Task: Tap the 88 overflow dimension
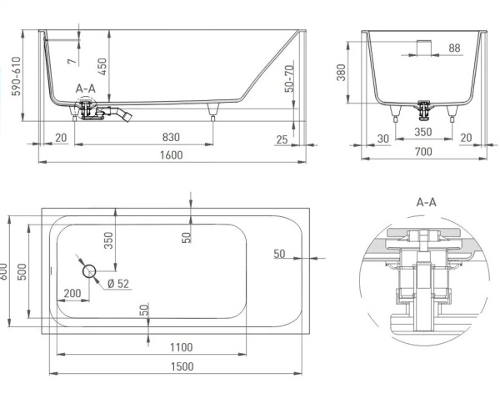pyautogui.click(x=453, y=48)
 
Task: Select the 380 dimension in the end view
pyautogui.click(x=342, y=76)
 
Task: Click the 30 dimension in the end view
pyautogui.click(x=383, y=138)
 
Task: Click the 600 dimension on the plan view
pyautogui.click(x=6, y=270)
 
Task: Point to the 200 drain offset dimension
pyautogui.click(x=72, y=294)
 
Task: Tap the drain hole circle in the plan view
pyautogui.click(x=89, y=270)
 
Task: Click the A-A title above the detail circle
pyautogui.click(x=426, y=201)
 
